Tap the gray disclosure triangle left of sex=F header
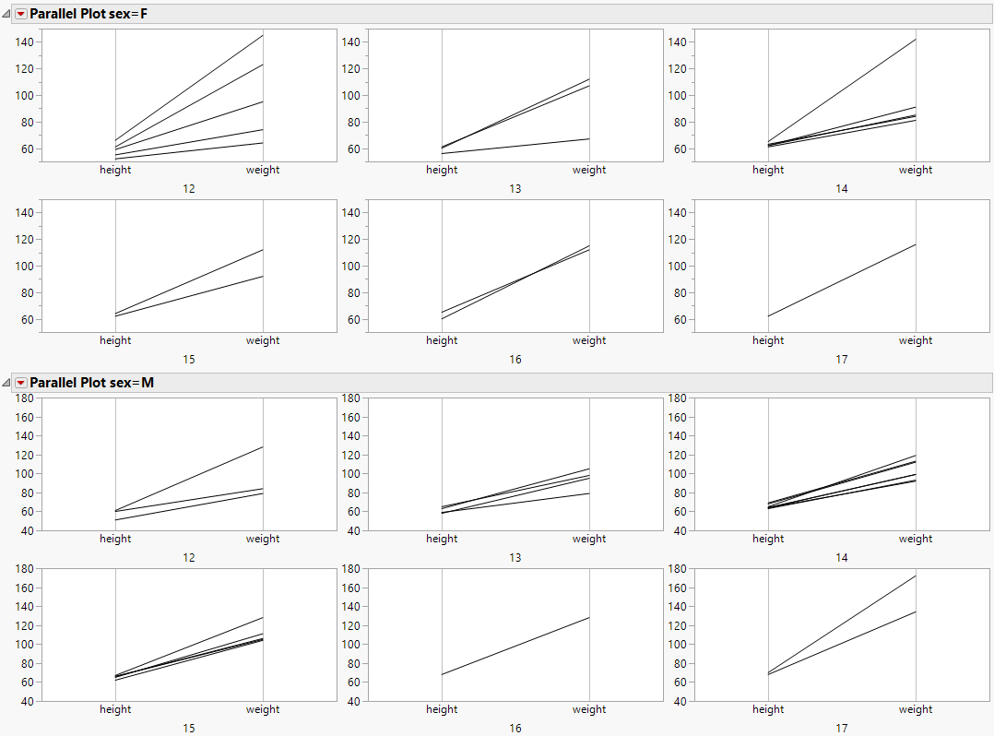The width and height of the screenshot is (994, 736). [x=7, y=14]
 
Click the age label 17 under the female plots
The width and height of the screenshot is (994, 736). [x=841, y=359]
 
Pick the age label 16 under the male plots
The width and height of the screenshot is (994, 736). [x=515, y=728]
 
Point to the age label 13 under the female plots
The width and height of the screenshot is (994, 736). [x=515, y=188]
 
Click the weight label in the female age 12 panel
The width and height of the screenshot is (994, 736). [x=263, y=170]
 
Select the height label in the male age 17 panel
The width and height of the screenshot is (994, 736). [x=768, y=709]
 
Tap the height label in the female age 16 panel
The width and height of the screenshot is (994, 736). [x=442, y=340]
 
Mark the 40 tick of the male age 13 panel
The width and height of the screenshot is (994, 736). [x=352, y=530]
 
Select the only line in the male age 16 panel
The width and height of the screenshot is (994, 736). [x=515, y=646]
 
